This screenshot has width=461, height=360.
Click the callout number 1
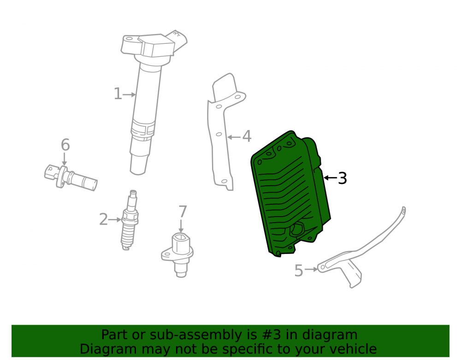(x=118, y=94)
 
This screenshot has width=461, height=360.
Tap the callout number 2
(x=103, y=219)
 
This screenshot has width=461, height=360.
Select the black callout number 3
(x=342, y=178)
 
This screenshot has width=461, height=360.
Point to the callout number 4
(x=247, y=136)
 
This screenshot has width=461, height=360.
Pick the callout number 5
(x=298, y=271)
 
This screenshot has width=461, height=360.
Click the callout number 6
(x=65, y=145)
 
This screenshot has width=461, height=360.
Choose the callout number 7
(x=183, y=212)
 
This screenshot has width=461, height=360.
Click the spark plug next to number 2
(x=130, y=220)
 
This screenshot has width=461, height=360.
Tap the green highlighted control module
(x=290, y=194)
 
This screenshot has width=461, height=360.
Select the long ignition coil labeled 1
(x=147, y=103)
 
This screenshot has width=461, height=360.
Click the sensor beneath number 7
(x=178, y=254)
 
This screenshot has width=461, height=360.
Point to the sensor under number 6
(x=70, y=177)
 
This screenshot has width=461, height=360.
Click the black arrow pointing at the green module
(x=330, y=178)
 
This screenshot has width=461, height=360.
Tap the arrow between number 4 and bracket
(x=234, y=137)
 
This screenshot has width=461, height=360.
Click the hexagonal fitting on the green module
(x=297, y=229)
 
